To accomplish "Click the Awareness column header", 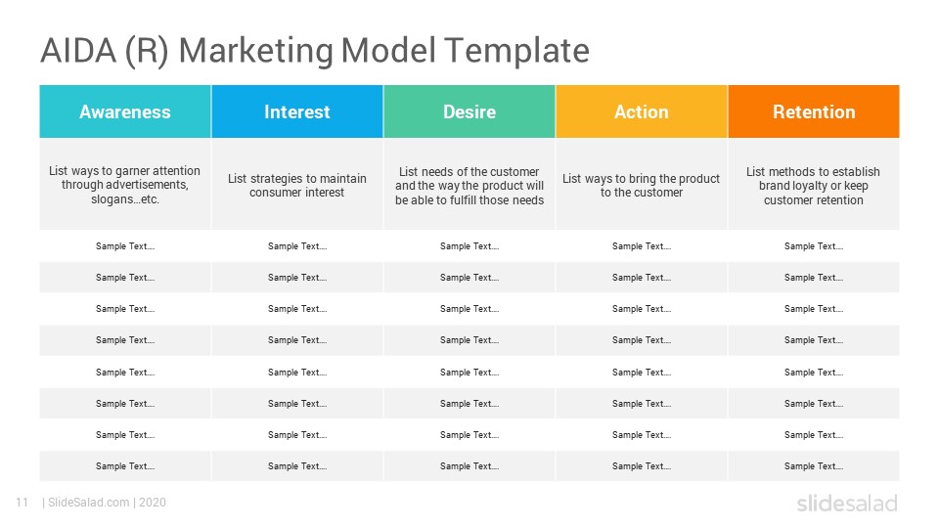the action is tap(125, 111).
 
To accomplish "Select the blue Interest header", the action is tap(297, 111).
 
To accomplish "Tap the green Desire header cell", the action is tap(469, 111).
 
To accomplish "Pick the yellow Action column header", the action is tap(642, 111).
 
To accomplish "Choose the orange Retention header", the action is tap(814, 111).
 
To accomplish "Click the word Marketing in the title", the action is tap(256, 51).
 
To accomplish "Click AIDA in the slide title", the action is tap(78, 50).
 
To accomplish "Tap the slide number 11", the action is tap(22, 503).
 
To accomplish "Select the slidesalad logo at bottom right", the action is tap(847, 503).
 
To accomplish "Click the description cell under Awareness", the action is tap(125, 185).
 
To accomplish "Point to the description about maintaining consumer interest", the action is tap(297, 185).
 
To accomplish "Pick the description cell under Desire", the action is tap(469, 186).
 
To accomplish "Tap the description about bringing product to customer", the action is tap(642, 185).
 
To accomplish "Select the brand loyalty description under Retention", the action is tap(814, 186).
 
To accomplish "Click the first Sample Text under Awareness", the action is tap(125, 246).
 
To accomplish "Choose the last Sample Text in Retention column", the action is tap(814, 465).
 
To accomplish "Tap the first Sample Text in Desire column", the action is tap(469, 246).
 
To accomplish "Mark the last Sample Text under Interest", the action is tap(297, 465).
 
